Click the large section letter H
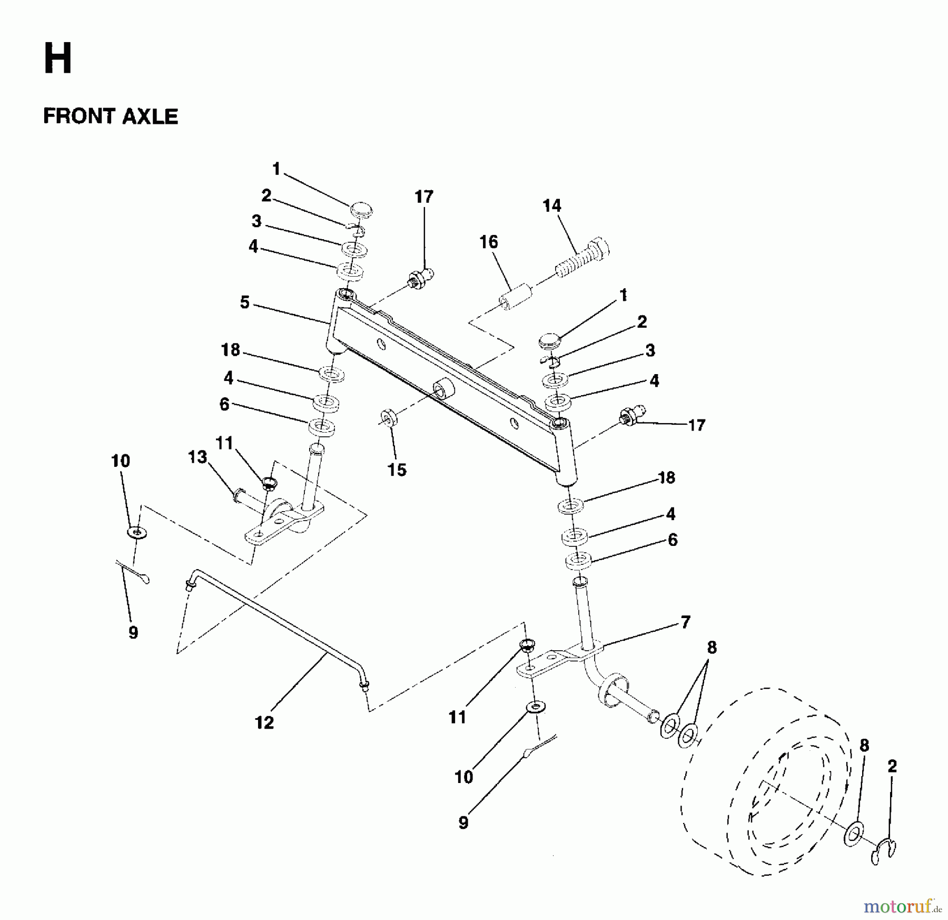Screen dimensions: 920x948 [57, 59]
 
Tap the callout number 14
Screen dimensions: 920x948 [551, 205]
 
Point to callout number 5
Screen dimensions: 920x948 [244, 303]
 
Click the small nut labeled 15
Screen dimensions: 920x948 [389, 419]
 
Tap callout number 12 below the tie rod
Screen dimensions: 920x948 [264, 722]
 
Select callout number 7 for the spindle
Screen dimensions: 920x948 [685, 622]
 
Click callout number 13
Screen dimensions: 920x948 [197, 457]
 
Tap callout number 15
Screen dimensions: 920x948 [397, 469]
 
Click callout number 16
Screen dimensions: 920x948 [488, 242]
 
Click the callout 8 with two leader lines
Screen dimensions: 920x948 [712, 648]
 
